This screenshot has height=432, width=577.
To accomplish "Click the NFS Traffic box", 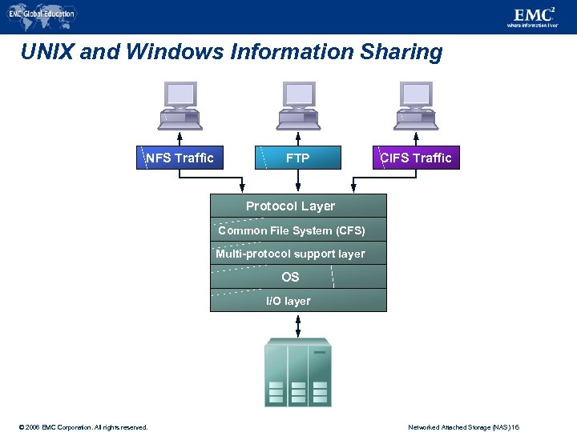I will pos(180,158).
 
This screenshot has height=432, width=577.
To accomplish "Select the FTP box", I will pos(298,158).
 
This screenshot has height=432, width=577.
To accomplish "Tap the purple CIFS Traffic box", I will pos(416,158).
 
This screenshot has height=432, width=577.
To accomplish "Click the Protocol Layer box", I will pos(298,206).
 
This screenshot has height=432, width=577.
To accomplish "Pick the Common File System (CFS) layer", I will pos(298,230).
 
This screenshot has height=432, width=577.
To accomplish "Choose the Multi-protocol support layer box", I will pos(298,254).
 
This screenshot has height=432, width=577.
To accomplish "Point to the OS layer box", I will pos(298,277).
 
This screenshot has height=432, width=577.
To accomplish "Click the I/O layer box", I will pos(298,301).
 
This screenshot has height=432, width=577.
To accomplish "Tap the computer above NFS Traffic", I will pos(180,105).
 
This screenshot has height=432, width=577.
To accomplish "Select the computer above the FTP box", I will pos(298,105).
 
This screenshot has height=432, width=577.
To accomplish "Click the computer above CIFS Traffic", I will pos(416,105).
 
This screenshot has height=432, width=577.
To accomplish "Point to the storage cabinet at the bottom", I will pos(297,373).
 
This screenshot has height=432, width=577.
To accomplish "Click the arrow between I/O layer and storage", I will pos(298,325).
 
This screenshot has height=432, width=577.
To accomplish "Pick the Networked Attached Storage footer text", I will pos(464,427).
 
